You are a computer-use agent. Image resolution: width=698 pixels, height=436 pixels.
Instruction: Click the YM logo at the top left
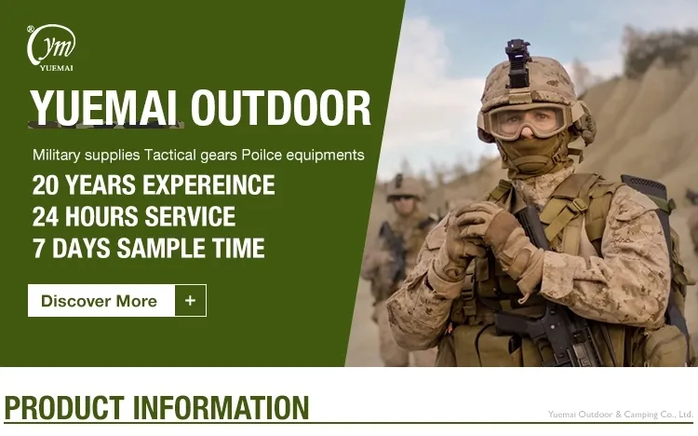click(51, 45)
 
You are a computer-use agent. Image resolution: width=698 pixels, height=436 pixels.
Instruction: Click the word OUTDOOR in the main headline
click(281, 108)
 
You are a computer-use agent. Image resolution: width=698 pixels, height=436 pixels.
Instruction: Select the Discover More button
click(101, 301)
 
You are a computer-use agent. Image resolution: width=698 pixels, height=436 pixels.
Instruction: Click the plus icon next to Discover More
click(191, 301)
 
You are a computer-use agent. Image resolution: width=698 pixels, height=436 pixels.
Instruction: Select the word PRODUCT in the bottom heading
click(64, 409)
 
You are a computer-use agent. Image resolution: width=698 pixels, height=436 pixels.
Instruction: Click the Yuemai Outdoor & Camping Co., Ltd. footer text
click(620, 414)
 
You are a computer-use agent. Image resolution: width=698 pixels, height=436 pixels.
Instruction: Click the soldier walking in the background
click(400, 252)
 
